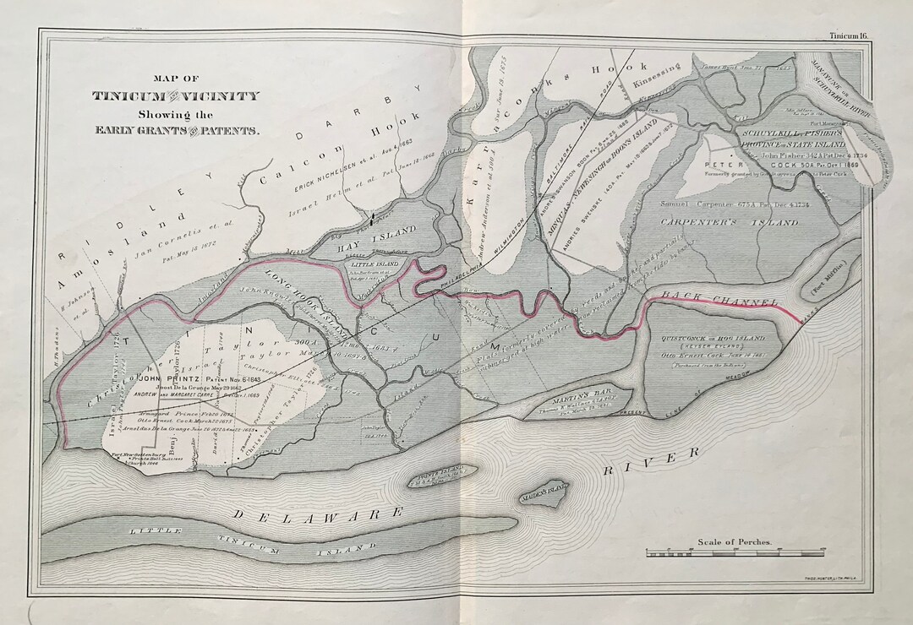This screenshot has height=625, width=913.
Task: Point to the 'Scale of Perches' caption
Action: (x=734, y=542)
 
